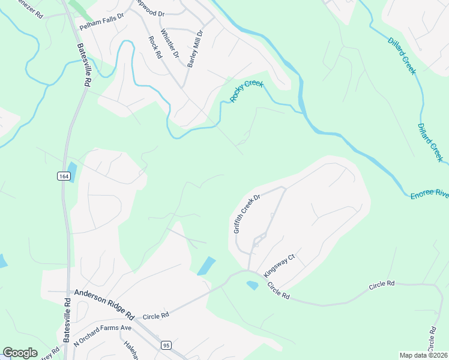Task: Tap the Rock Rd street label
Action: pyautogui.click(x=155, y=47)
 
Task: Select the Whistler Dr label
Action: pyautogui.click(x=170, y=43)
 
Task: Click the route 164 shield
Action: pyautogui.click(x=64, y=176)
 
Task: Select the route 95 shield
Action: pyautogui.click(x=166, y=345)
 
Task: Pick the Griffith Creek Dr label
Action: pyautogui.click(x=246, y=213)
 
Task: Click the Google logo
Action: pyautogui.click(x=20, y=353)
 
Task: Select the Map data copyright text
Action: pyautogui.click(x=424, y=355)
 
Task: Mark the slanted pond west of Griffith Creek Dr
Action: pyautogui.click(x=206, y=266)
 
